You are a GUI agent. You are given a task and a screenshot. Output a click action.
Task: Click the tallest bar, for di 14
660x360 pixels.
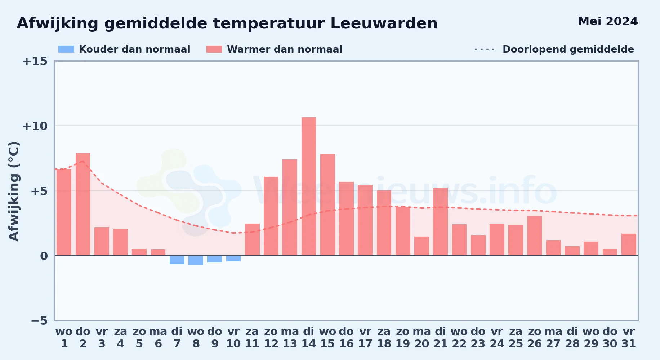point(309,186)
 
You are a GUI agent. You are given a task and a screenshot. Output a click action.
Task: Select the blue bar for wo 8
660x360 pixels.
point(196,260)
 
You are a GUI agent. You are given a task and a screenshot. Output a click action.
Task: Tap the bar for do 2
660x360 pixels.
point(83,204)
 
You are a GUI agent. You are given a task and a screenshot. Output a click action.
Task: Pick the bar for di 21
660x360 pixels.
point(440,222)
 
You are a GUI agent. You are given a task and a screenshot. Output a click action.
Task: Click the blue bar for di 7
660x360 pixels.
point(177,260)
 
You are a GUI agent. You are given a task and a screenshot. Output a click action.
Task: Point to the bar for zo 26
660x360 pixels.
point(535,236)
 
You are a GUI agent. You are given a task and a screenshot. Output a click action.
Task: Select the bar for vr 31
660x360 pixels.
point(629,244)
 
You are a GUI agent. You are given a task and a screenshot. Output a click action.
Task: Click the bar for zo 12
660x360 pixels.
point(271,216)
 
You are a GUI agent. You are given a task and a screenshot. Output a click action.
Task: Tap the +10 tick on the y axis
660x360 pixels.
point(35,126)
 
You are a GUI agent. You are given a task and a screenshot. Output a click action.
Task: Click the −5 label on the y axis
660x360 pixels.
point(39,320)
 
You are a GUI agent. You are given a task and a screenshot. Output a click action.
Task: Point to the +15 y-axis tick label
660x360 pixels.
point(35,61)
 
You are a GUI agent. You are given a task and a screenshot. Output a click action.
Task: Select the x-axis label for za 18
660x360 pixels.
point(384,338)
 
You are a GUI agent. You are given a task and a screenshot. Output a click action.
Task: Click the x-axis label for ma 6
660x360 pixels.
point(158,338)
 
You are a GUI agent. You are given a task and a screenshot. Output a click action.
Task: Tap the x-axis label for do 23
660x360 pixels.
point(478,338)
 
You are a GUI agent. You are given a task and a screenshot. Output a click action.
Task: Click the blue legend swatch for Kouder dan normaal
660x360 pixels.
point(66,49)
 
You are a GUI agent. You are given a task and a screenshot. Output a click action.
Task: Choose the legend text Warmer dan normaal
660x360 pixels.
point(285,49)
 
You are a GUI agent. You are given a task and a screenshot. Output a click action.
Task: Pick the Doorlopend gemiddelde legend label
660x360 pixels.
point(568,49)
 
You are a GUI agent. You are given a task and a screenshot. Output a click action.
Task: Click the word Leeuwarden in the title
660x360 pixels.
point(384,23)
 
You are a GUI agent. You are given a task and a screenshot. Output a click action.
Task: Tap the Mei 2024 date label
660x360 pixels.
point(608,21)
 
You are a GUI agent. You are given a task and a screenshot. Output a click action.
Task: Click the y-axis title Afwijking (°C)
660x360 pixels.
point(14,191)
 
